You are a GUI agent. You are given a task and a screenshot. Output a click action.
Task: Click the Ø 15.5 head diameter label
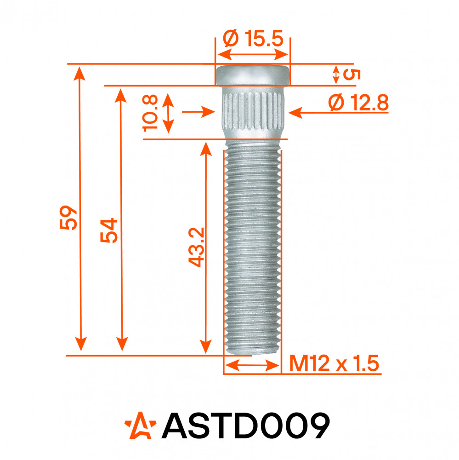253,39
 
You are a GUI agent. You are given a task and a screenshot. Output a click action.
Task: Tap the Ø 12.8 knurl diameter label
358,103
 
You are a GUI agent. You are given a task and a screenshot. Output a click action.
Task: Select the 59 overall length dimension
68,218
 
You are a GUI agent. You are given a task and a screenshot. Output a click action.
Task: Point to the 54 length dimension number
109,230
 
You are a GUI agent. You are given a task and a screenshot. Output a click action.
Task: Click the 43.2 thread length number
196,247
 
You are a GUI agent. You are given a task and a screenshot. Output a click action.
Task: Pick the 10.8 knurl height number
150,113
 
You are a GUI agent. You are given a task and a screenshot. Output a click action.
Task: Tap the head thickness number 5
351,75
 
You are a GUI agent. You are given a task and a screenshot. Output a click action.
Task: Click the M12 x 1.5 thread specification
334,363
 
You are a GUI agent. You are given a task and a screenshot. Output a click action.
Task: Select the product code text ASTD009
246,425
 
